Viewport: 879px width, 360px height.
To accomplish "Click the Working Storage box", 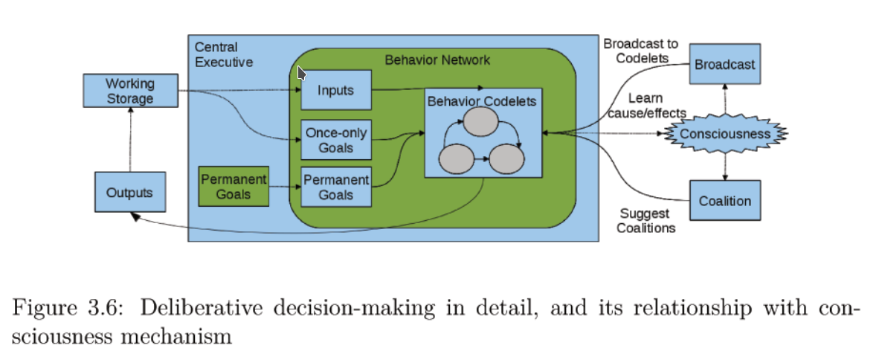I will [x=129, y=91].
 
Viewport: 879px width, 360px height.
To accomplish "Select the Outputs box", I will [x=129, y=193].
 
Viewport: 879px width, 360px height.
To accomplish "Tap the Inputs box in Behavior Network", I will [x=335, y=90].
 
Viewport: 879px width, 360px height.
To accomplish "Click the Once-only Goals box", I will [x=335, y=140].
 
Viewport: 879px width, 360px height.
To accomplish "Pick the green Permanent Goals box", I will [x=233, y=187].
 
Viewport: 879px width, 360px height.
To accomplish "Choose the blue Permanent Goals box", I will [x=335, y=187].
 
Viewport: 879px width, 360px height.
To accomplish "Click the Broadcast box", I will [x=724, y=65].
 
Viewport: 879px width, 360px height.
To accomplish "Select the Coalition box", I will [x=724, y=201].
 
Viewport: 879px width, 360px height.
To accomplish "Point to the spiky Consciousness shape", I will [x=724, y=134].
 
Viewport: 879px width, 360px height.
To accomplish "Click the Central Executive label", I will [x=224, y=55].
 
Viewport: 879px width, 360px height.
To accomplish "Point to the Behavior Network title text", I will [x=437, y=60].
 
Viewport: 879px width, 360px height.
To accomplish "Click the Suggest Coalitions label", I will [x=646, y=221].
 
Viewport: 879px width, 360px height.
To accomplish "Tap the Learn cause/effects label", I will [x=645, y=106].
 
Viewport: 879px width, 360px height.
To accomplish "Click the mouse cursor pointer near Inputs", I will [x=301, y=73].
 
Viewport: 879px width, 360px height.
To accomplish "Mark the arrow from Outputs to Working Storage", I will [x=130, y=139].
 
